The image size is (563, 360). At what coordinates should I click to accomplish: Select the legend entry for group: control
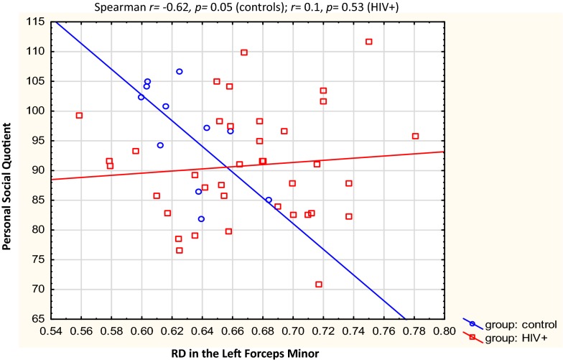(x=506, y=324)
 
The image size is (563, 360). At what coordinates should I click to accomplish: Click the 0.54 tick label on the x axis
(x=51, y=331)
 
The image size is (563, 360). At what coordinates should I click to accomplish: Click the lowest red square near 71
(x=319, y=284)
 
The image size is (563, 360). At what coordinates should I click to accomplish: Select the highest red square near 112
(x=369, y=42)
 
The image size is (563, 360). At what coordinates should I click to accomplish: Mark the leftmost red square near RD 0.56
(x=79, y=115)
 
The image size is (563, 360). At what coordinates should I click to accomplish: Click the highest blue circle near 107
(x=180, y=71)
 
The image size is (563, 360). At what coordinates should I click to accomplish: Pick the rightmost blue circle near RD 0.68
(x=269, y=200)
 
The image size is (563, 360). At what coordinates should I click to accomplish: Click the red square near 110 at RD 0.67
(x=244, y=52)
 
